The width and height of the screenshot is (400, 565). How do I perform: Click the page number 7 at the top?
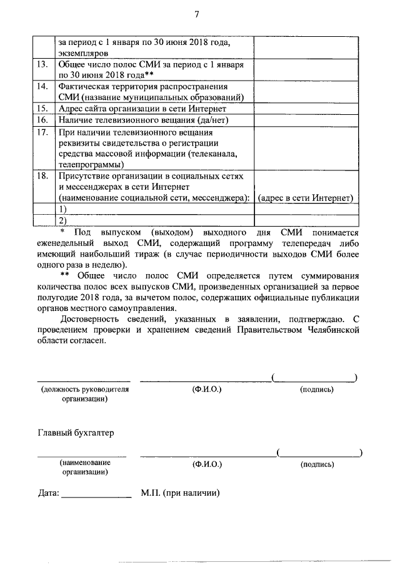point(197,14)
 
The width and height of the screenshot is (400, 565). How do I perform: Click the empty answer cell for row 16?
point(306,119)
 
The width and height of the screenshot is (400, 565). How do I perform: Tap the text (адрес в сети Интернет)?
point(306,198)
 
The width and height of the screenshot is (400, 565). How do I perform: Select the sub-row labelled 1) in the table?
point(62,209)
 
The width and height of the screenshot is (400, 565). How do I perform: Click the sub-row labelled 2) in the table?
point(62,220)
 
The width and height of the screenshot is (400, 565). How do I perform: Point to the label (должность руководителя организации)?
point(84,394)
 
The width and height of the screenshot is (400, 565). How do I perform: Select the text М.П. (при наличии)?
point(179,493)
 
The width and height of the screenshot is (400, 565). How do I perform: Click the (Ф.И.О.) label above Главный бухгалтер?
point(207,389)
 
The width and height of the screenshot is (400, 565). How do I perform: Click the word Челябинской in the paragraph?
point(329,329)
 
